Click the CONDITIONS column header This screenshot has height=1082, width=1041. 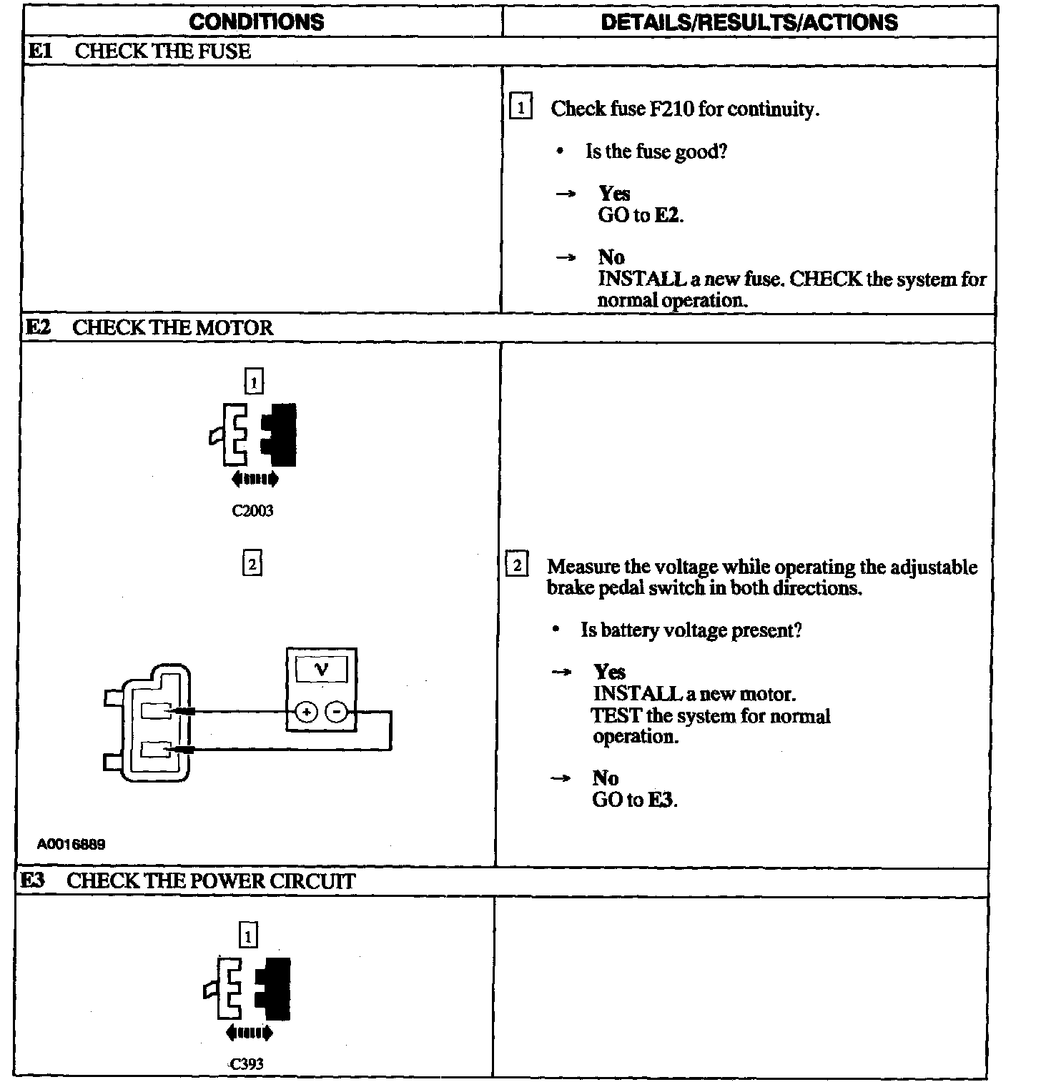[x=256, y=21]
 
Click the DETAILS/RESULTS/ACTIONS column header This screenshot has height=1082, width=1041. [x=749, y=21]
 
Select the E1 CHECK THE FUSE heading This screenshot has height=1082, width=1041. [x=139, y=51]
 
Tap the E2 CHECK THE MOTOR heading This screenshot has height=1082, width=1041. [x=149, y=328]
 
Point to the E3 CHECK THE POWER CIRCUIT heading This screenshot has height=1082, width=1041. [x=187, y=881]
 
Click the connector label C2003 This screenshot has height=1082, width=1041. [x=252, y=511]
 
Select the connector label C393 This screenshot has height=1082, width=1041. [x=247, y=1063]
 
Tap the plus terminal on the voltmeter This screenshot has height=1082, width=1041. [x=306, y=713]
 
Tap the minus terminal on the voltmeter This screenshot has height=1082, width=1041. [x=337, y=713]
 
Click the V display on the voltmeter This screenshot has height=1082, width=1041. [x=321, y=670]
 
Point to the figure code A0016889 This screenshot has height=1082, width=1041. [x=71, y=845]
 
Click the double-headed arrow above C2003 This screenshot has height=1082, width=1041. [x=255, y=479]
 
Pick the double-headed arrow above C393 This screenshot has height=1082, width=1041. [x=249, y=1033]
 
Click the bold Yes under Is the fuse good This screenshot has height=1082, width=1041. [x=614, y=194]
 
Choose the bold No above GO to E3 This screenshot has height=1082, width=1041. [x=605, y=778]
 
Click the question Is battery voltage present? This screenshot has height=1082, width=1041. [x=691, y=630]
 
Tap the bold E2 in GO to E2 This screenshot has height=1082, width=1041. [x=668, y=215]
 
